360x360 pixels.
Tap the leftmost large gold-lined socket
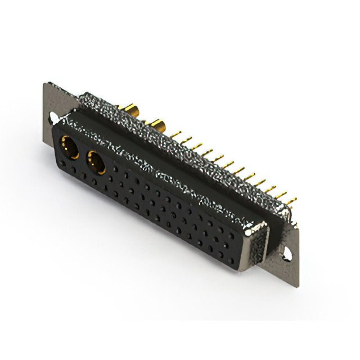tap(69, 147)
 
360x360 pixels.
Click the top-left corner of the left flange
tap(45, 84)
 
